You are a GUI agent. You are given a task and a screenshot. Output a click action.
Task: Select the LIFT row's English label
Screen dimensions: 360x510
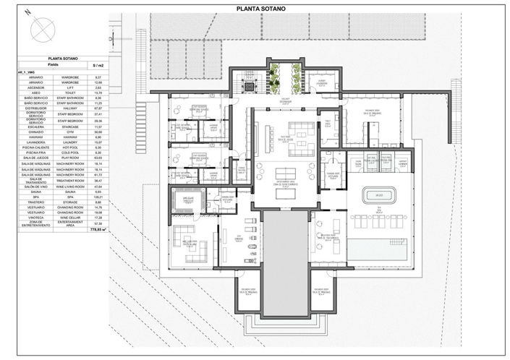coord(72,86)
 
